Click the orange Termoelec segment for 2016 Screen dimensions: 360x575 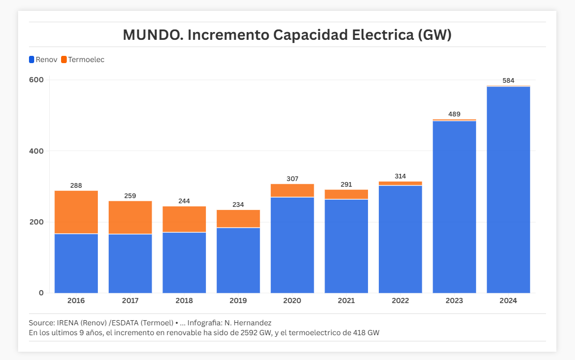pos(76,212)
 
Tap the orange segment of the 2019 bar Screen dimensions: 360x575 pos(238,218)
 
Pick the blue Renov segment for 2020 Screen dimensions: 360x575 pos(292,245)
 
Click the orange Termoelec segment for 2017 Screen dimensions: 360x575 pos(130,217)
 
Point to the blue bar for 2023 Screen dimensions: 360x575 pos(454,207)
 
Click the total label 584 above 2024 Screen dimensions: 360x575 pos(508,81)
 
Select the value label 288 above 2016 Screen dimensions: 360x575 pos(76,186)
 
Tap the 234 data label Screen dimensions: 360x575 pos(238,205)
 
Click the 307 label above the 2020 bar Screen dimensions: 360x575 pos(292,179)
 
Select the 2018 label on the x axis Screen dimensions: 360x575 pos(184,301)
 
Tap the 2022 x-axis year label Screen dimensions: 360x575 pos(400,301)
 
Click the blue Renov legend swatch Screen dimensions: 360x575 pos(32,59)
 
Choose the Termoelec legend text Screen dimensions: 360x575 pos(86,59)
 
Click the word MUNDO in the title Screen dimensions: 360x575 pos(153,35)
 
